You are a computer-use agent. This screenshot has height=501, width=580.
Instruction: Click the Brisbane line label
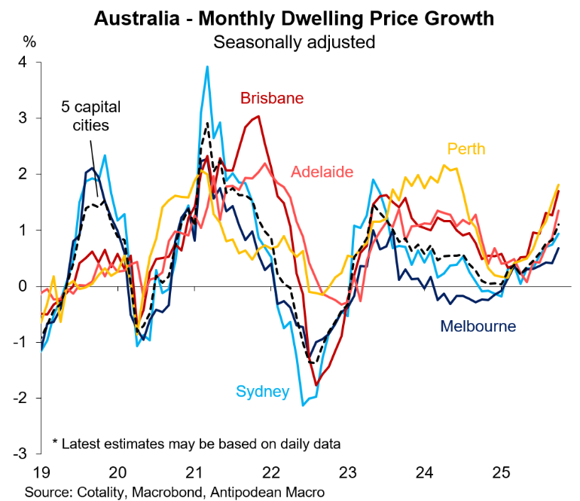coord(272,98)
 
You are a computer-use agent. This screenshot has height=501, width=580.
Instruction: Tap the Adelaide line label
coord(322,172)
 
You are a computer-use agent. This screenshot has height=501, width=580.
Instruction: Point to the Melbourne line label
coord(478,326)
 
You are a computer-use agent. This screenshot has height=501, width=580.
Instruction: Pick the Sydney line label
coord(263,391)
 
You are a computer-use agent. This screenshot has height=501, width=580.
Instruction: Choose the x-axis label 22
coord(270,473)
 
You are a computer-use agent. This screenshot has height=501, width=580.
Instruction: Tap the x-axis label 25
coord(501,473)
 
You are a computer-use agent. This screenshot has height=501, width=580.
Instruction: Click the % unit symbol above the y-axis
coord(29,39)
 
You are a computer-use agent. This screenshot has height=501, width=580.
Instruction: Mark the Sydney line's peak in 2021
coord(206,66)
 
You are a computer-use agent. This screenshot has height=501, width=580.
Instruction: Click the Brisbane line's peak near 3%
coord(258,116)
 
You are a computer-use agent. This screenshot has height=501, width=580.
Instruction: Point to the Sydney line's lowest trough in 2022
coord(304,405)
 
